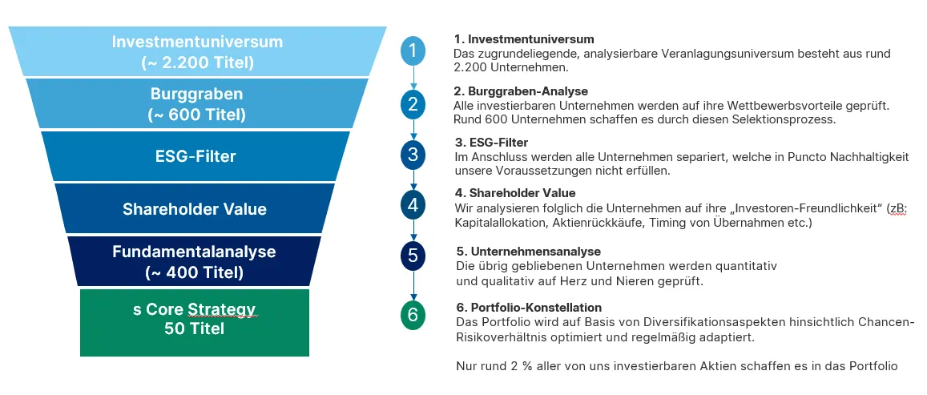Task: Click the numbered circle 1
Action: pyautogui.click(x=413, y=50)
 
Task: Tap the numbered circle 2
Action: pyautogui.click(x=413, y=105)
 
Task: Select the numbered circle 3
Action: pyautogui.click(x=413, y=155)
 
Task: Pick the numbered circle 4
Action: pyautogui.click(x=413, y=205)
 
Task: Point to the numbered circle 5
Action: pyautogui.click(x=413, y=256)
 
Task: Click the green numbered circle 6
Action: pyautogui.click(x=413, y=315)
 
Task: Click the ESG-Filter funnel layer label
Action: pyautogui.click(x=195, y=157)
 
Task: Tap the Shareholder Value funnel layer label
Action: pyautogui.click(x=195, y=209)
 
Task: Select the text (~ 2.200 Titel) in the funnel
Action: pyautogui.click(x=197, y=62)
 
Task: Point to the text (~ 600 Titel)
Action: pyautogui.click(x=197, y=115)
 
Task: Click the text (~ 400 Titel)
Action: pyautogui.click(x=195, y=272)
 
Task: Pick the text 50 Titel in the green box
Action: pyautogui.click(x=195, y=328)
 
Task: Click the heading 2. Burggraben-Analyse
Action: pyautogui.click(x=521, y=91)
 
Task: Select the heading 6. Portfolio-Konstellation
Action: pyautogui.click(x=529, y=308)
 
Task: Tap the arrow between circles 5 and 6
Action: pyautogui.click(x=413, y=285)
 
